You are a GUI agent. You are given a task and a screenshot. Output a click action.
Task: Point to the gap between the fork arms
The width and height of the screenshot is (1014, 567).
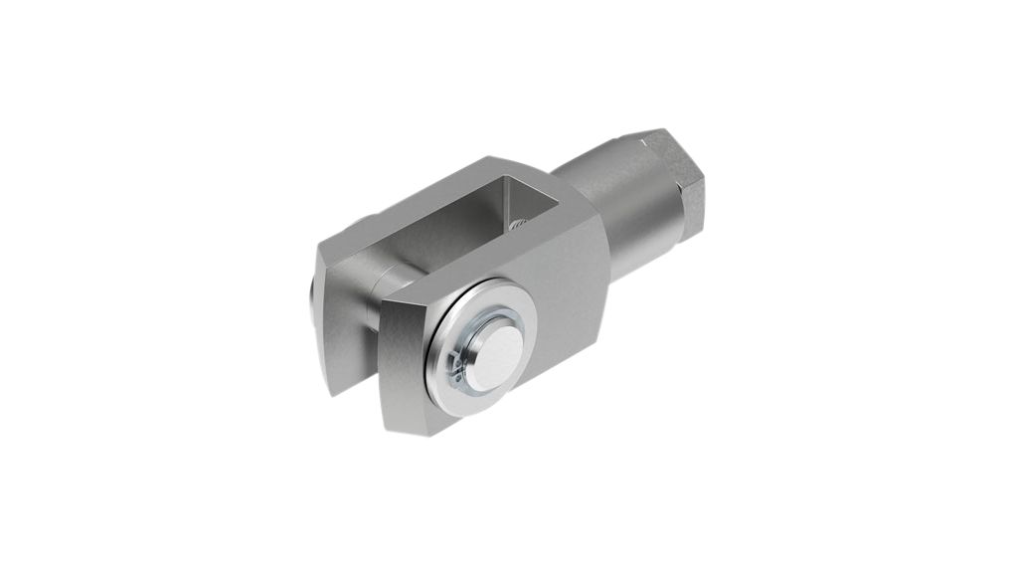368,348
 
